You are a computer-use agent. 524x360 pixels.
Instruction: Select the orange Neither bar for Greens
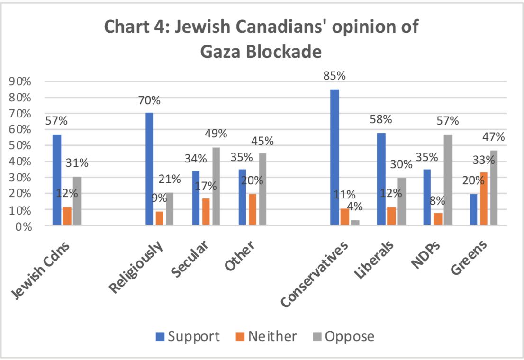point(483,199)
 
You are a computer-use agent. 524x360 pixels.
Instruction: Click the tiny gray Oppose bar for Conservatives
point(355,223)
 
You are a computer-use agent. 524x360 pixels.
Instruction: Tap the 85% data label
point(334,76)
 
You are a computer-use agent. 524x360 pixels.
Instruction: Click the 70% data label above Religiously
point(149,100)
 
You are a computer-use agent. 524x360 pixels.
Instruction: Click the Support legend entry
point(188,336)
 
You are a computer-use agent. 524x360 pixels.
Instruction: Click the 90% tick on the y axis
point(19,81)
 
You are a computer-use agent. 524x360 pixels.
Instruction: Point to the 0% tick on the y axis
point(22,226)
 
